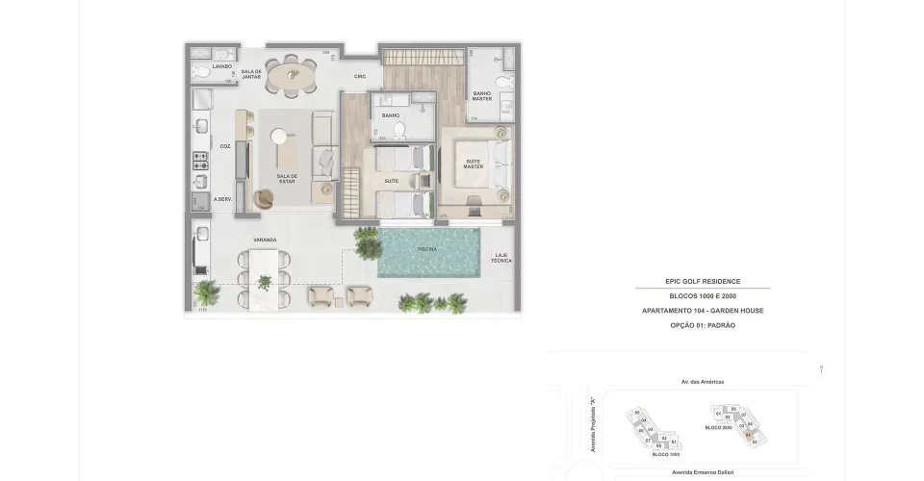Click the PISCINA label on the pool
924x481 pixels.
[x=427, y=249]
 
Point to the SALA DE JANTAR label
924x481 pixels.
[x=252, y=74]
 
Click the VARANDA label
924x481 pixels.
[x=266, y=240]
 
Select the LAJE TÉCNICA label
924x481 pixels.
[x=500, y=259]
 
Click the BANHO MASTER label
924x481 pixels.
[x=482, y=96]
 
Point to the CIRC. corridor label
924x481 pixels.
[x=361, y=76]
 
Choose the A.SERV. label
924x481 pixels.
[x=223, y=199]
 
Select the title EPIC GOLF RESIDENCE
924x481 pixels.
[x=703, y=281]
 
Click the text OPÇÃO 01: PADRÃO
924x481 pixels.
[x=703, y=325]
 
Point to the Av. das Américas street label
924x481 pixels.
[x=702, y=382]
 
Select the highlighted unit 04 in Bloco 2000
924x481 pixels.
[x=748, y=434]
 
